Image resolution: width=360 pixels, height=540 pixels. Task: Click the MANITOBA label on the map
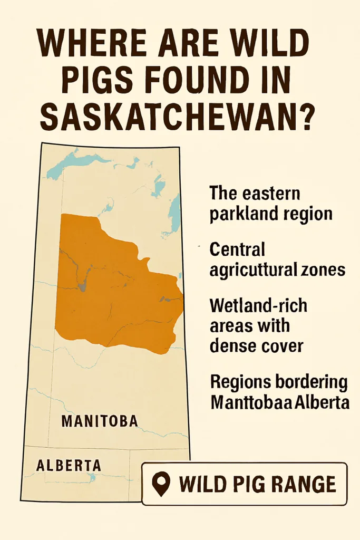pos(100,421)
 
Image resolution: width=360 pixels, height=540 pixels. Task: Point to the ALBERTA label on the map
pos(69,465)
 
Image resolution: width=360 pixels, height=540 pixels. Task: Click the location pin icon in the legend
pos(161,483)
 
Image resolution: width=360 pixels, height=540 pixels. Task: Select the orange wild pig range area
pos(116,285)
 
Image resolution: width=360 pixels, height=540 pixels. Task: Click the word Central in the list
pos(237,248)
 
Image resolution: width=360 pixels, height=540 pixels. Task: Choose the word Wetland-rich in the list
pos(258,305)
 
